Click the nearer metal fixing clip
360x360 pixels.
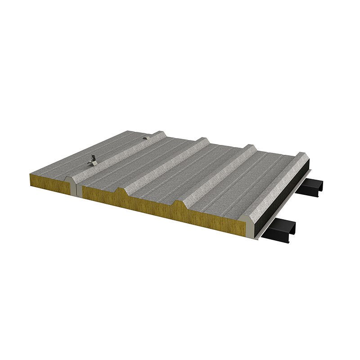93,159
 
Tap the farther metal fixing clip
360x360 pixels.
145,137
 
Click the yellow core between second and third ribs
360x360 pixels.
151,205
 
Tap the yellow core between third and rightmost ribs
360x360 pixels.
211,220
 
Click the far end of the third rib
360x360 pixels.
250,147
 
